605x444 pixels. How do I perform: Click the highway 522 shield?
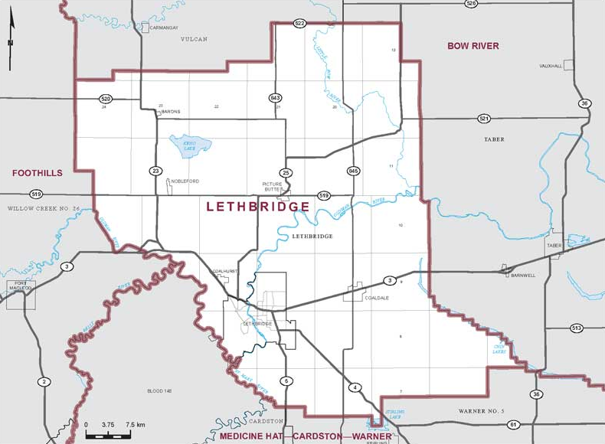(299, 24)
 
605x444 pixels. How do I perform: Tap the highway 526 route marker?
(472, 4)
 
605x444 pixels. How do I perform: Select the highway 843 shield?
(275, 98)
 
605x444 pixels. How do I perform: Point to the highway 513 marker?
(577, 328)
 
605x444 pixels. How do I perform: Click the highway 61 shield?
(513, 424)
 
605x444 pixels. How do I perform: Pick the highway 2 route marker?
(44, 381)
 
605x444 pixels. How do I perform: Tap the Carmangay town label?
(163, 28)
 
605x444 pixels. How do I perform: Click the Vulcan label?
(194, 39)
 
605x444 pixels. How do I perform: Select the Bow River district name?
(473, 46)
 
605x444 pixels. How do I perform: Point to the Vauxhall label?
(550, 66)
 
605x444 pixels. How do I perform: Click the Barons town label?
(170, 112)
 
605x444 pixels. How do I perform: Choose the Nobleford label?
(185, 181)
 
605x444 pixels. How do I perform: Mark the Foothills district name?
(36, 173)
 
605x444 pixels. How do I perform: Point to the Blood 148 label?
(159, 391)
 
